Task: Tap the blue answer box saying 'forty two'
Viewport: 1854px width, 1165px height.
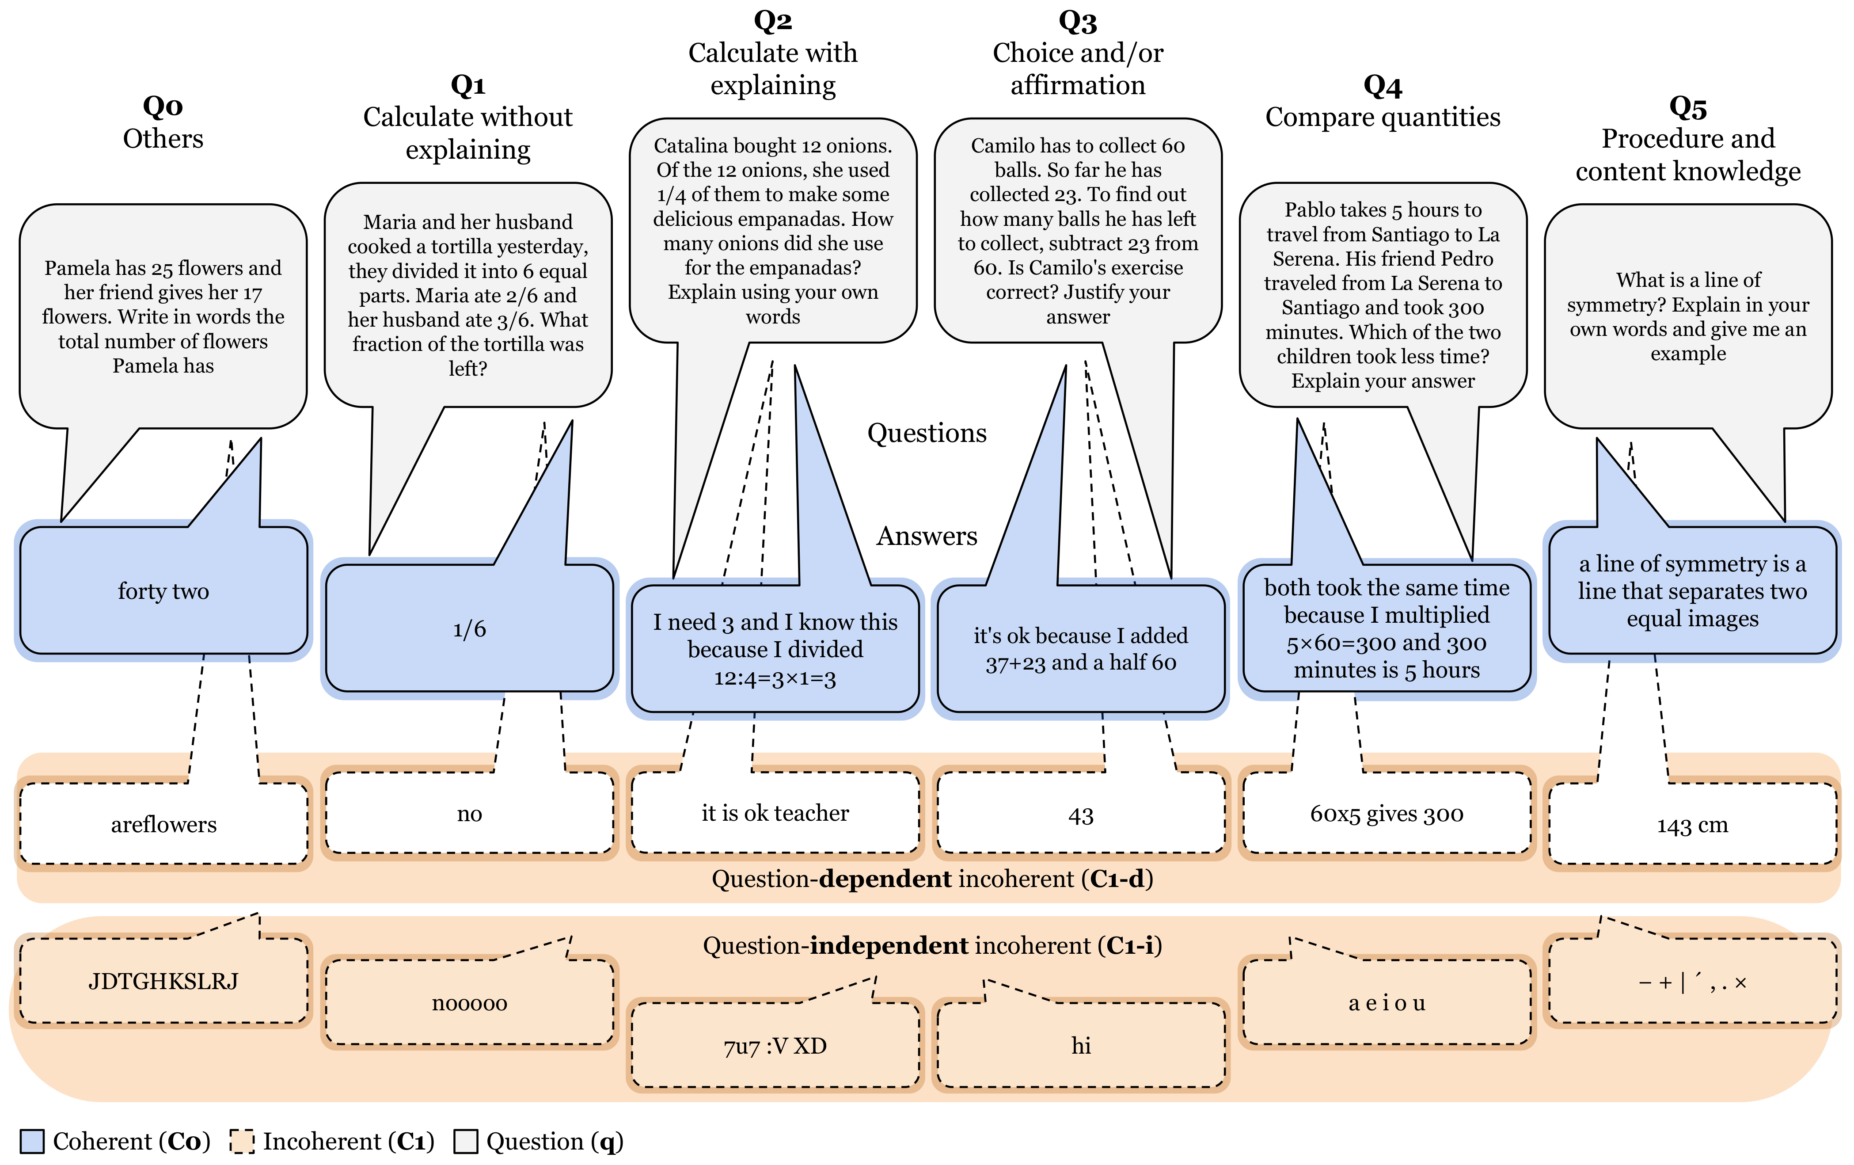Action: (x=163, y=590)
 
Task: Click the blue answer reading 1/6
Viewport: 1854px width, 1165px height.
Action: (x=469, y=629)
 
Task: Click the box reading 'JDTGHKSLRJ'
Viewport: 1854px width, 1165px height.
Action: (x=163, y=981)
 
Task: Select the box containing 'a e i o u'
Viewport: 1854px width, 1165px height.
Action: (x=1387, y=1002)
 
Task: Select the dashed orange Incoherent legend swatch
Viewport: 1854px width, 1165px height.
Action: (x=242, y=1141)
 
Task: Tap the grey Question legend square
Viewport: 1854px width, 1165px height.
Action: (x=466, y=1141)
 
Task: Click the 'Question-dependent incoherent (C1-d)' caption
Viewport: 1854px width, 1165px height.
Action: (x=931, y=879)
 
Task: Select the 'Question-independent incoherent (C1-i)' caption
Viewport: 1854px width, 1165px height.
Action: (x=931, y=945)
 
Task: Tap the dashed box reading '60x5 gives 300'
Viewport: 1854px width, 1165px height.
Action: (x=1387, y=814)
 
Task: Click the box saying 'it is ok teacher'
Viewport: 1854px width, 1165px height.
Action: (x=775, y=813)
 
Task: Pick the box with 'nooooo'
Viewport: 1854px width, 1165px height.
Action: (x=469, y=1002)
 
